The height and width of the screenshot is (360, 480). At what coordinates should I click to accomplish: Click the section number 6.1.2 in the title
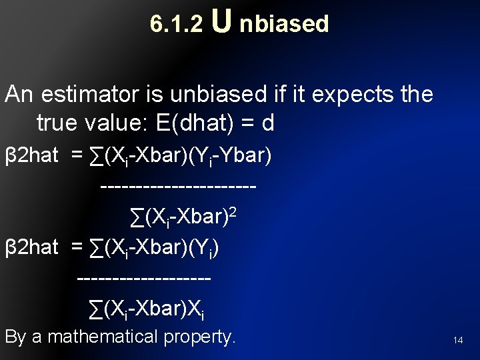click(176, 24)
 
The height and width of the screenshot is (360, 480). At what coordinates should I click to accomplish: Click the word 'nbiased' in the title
click(284, 24)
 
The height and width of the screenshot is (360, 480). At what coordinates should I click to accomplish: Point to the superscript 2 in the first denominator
click(233, 211)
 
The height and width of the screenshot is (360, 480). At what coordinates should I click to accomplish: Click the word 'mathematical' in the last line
click(105, 337)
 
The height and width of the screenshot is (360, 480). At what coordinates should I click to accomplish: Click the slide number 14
click(458, 340)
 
